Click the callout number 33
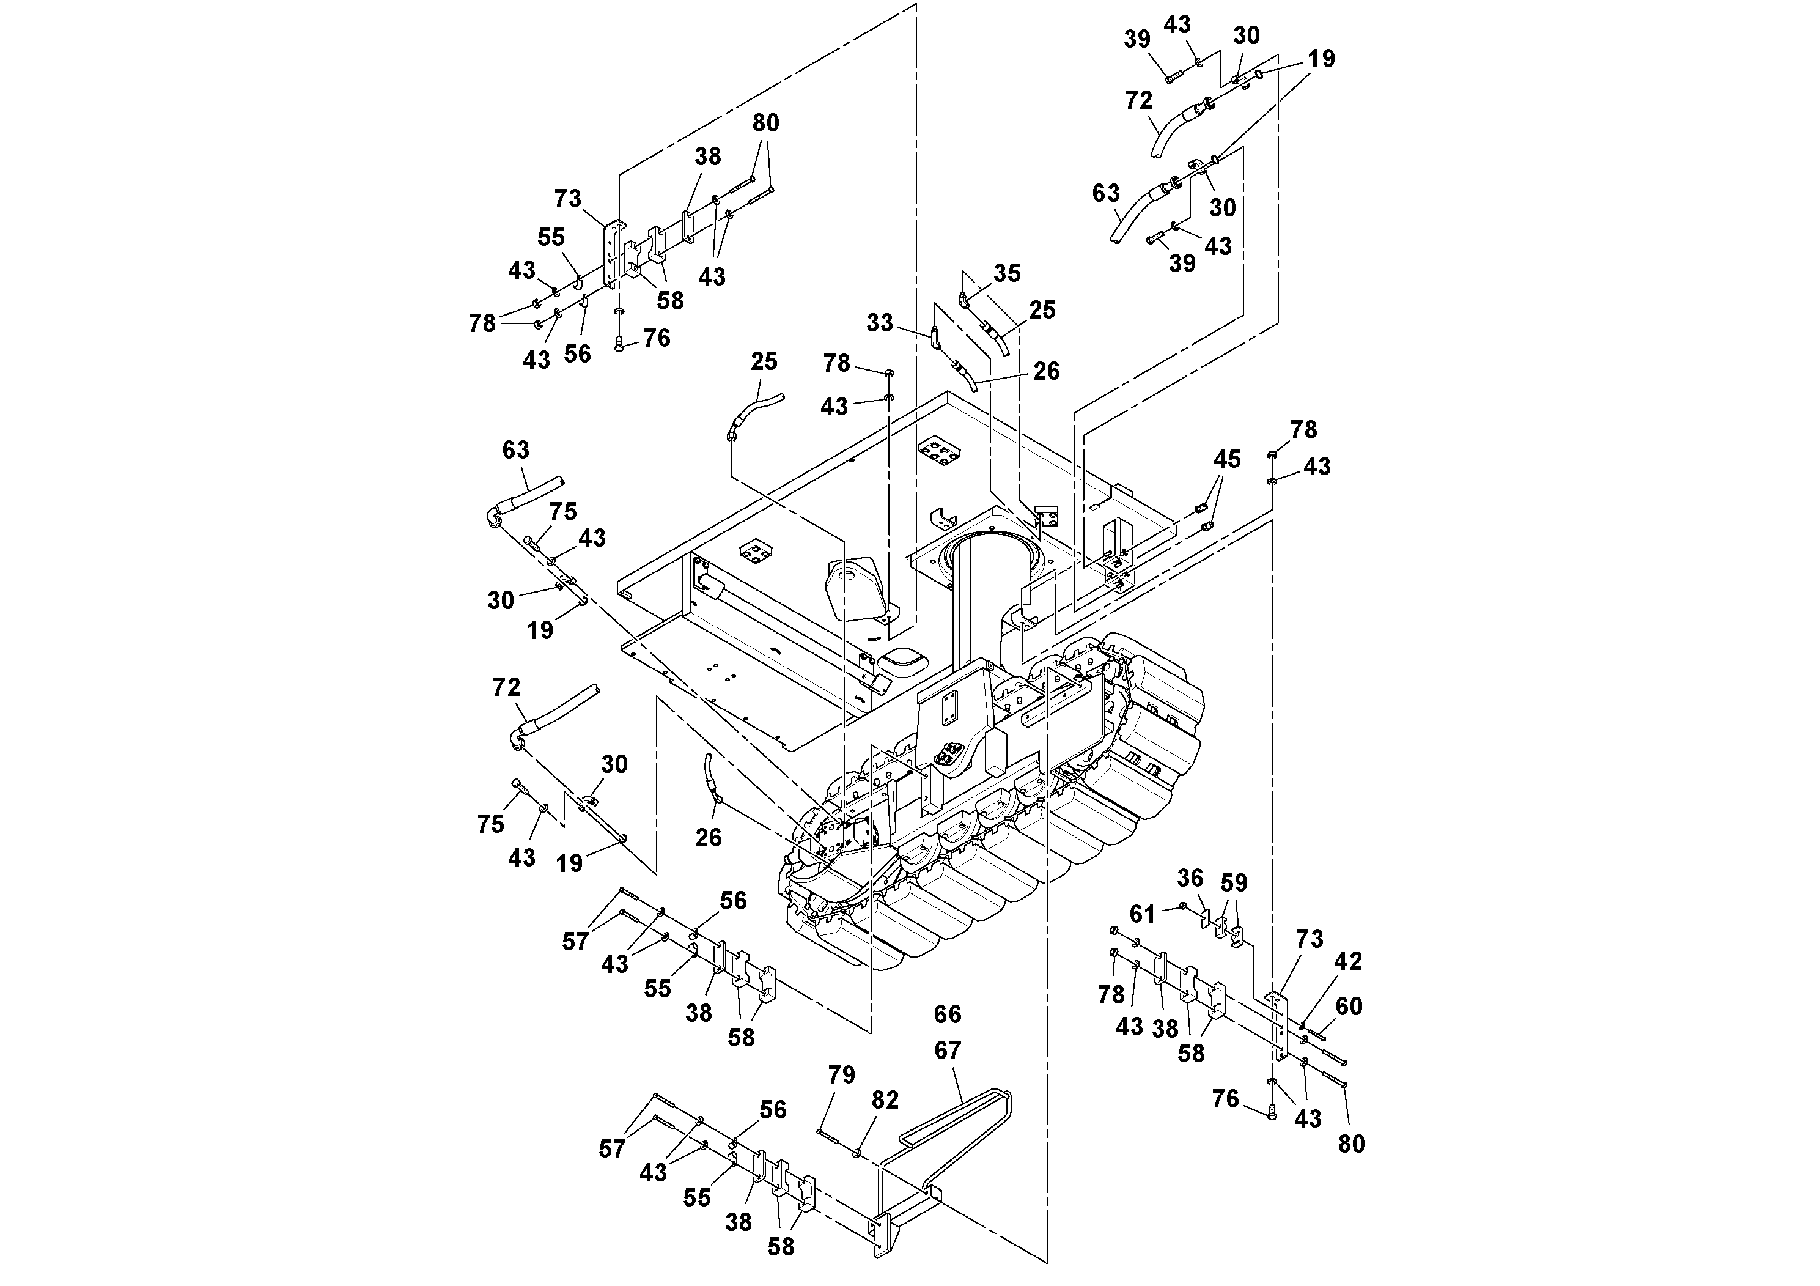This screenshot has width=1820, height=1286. coord(879,323)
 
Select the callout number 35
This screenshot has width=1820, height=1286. coord(1007,273)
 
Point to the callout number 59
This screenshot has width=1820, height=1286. coord(1234,882)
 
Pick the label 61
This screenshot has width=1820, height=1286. coord(1141,914)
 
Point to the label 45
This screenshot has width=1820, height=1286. coord(1226,459)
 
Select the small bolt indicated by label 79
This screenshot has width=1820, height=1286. coord(828,1136)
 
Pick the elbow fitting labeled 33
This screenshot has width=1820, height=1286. coord(935,337)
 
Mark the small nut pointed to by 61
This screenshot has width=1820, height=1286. coord(1183,906)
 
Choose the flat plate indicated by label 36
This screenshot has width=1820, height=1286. coord(1205,918)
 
